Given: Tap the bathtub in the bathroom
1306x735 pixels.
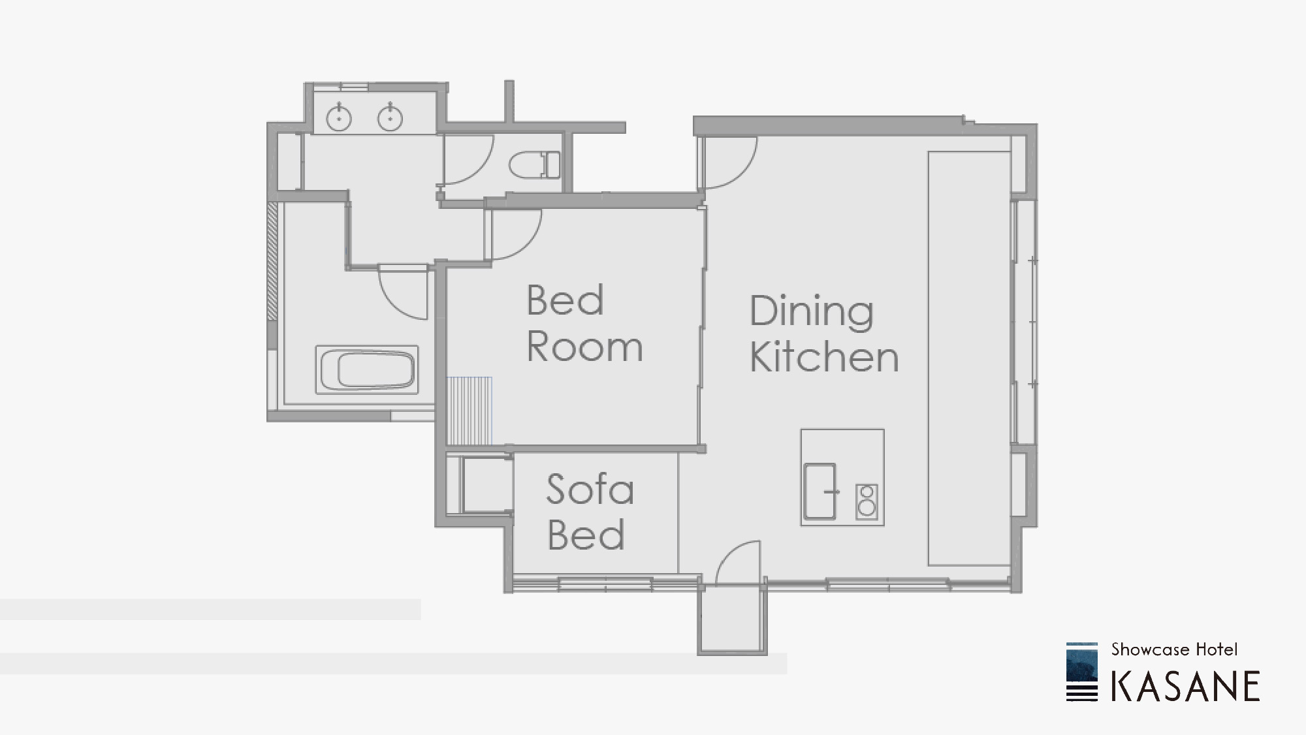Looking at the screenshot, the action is [x=367, y=369].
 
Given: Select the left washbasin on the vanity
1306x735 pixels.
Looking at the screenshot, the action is [x=339, y=117].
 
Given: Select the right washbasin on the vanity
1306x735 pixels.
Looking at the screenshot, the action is [x=390, y=117].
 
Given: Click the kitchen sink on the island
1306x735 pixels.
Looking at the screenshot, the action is [x=820, y=491].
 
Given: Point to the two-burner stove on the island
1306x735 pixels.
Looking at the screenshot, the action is [x=867, y=501].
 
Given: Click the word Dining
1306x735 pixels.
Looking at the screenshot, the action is [x=811, y=312].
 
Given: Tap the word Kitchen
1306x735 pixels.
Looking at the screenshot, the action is [x=824, y=356].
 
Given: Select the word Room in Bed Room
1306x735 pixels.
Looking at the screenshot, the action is [x=584, y=347].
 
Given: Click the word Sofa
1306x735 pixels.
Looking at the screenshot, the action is [x=590, y=489].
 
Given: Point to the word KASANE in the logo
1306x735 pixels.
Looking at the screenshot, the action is [x=1185, y=686].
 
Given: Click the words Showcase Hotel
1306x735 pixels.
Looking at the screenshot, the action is [x=1174, y=649].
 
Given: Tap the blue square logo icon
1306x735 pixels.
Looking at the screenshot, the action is [x=1082, y=672].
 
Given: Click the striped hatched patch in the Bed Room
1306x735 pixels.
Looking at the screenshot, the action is [x=470, y=411].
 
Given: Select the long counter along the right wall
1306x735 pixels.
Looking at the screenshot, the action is [x=970, y=358].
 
